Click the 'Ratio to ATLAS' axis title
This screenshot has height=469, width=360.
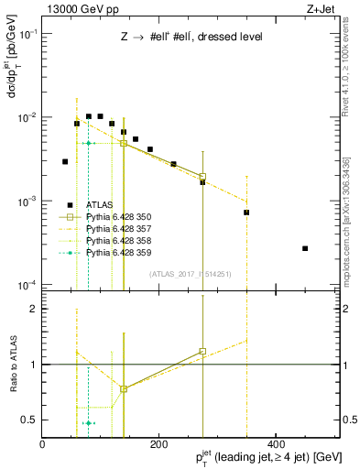point(13,365)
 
